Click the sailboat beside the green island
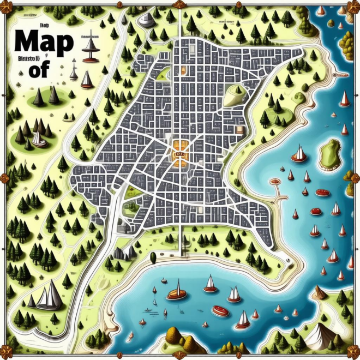point(299,154)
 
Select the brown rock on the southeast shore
point(318,293)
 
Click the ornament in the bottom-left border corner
point(5,355)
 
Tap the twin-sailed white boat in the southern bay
point(235,295)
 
